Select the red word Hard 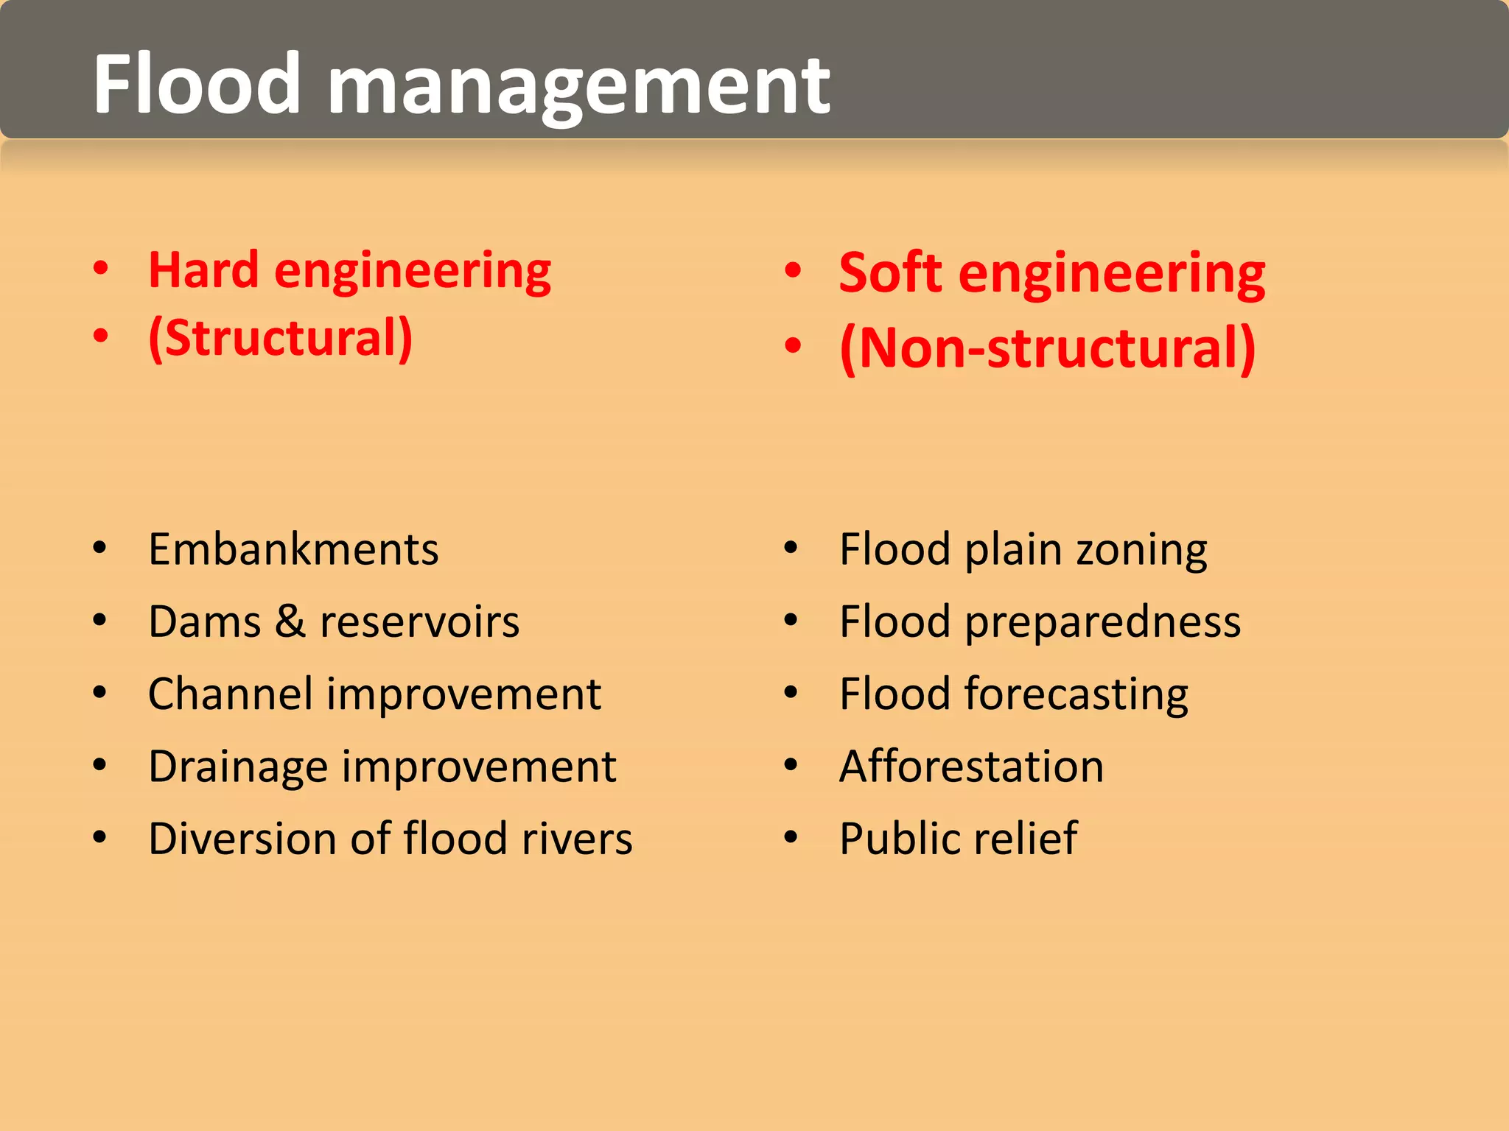(x=203, y=269)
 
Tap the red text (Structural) (x=280, y=338)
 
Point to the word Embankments (x=293, y=549)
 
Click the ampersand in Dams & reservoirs (x=290, y=621)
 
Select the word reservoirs (x=419, y=621)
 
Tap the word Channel (x=231, y=694)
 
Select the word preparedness (x=1102, y=623)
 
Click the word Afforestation (x=971, y=767)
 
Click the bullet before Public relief (x=791, y=837)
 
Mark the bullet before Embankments (x=100, y=548)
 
